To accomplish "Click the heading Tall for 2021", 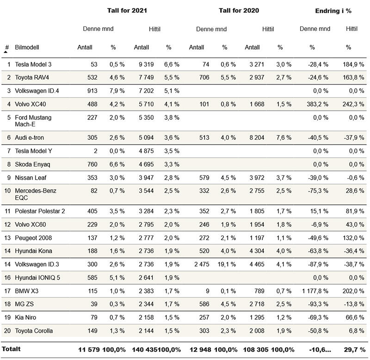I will pos(127,10).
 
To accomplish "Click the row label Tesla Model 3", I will pos(33,64).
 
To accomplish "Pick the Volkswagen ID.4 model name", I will pos(37,91).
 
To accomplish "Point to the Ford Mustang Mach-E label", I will pos(33,121).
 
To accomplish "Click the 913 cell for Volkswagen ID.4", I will pos(92,91).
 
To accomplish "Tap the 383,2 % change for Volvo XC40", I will pos(318,104).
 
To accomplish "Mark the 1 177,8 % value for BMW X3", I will pos(315,291).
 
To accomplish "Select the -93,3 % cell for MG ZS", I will pos(318,304).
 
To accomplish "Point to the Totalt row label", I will pos(11,348).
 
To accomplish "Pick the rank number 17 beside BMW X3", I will pos(7,291).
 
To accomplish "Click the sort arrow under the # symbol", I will pos(6,52).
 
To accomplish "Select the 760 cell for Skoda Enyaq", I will pos(92,164).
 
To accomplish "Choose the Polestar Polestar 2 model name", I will pos(40,211).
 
